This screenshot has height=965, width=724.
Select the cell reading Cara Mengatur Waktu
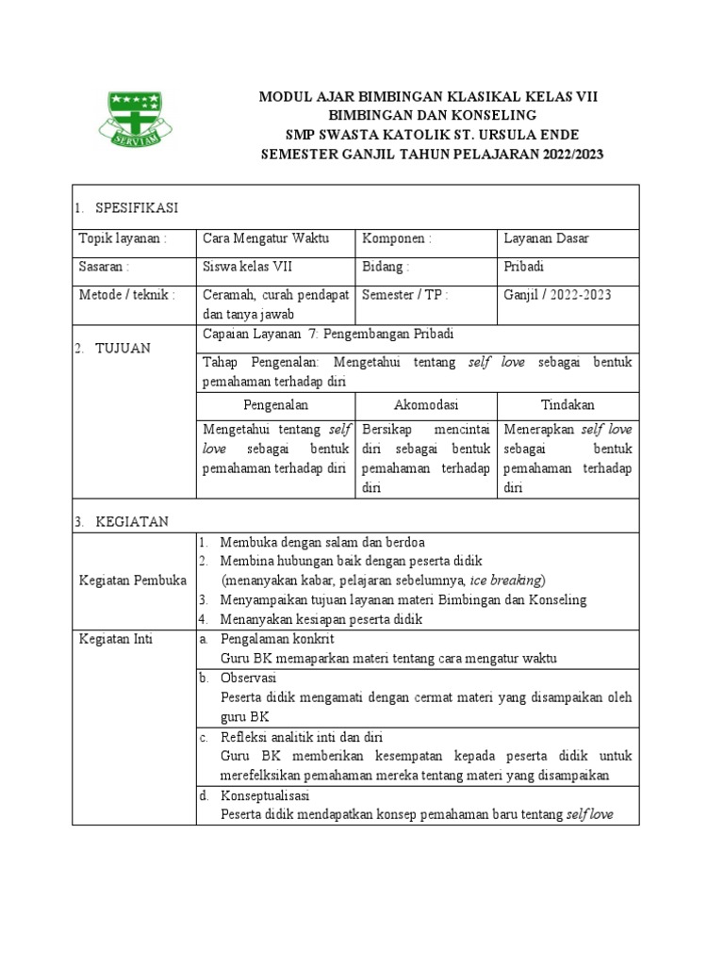[266, 238]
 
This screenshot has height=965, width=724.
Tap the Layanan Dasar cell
[546, 238]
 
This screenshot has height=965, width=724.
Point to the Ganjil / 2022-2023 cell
[557, 295]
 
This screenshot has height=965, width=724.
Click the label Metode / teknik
[127, 295]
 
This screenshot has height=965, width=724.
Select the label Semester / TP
[404, 295]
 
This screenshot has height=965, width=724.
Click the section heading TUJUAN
[121, 349]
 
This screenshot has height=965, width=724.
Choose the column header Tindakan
[568, 405]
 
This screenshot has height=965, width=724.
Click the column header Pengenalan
[275, 405]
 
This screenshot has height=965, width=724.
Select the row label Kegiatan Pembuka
[132, 580]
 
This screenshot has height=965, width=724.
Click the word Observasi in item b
[248, 678]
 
